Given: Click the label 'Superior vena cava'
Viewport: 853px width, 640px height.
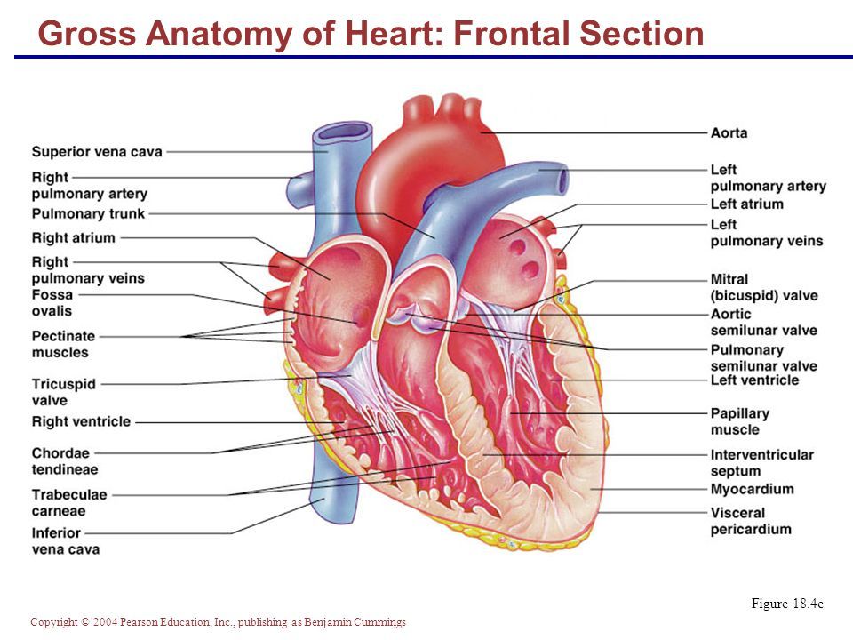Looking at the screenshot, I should [97, 152].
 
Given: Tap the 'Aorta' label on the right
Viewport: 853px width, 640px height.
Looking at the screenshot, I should [729, 133].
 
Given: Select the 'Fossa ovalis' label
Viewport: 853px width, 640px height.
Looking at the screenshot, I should [52, 303].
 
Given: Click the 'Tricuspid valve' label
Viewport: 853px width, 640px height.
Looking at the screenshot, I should [63, 392].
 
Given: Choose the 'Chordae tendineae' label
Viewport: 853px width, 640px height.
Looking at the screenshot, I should [65, 460].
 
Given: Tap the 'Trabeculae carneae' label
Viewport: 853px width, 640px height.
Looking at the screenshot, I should [70, 502].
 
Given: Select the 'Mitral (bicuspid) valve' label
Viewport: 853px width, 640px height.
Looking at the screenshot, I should [763, 287].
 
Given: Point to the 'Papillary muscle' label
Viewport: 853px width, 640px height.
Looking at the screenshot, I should [739, 421].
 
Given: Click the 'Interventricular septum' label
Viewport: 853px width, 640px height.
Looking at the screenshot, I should [761, 462].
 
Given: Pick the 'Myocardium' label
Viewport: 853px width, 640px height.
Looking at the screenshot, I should [752, 490].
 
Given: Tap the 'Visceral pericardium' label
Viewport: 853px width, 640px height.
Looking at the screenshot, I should [750, 521].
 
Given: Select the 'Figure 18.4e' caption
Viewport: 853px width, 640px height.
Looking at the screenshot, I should [787, 604].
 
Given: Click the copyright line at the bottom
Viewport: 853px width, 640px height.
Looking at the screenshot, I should [218, 622].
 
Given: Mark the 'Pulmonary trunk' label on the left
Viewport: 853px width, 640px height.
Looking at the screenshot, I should [88, 214].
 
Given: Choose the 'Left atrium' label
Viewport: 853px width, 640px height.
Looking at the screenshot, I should [746, 204].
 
